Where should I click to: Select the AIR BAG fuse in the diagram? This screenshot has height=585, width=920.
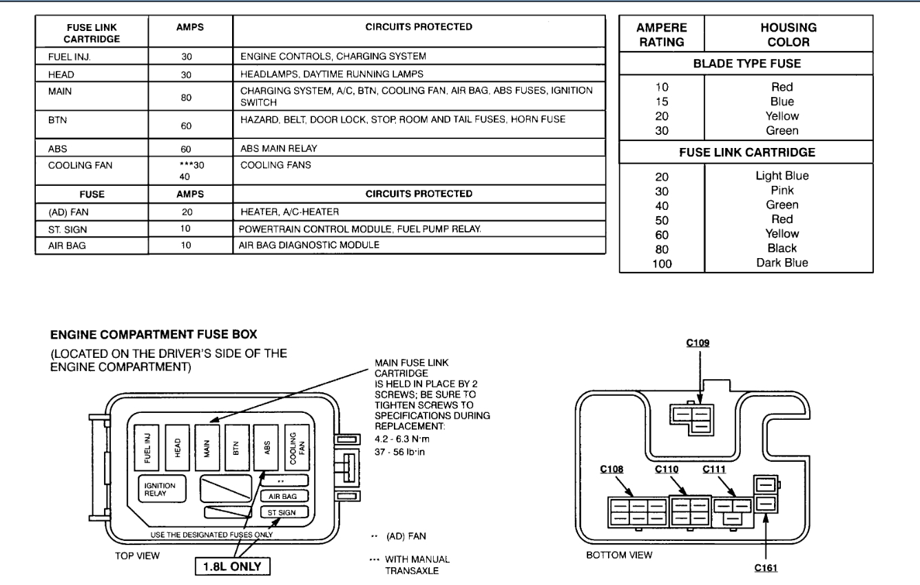point(284,495)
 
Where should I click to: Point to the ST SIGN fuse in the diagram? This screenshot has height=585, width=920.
point(284,513)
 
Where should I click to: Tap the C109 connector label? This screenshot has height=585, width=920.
point(698,341)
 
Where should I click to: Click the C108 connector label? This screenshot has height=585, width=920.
point(612,470)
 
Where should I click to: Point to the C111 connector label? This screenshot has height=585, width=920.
point(714,470)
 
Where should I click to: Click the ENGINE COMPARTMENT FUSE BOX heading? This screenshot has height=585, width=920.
point(154,334)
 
